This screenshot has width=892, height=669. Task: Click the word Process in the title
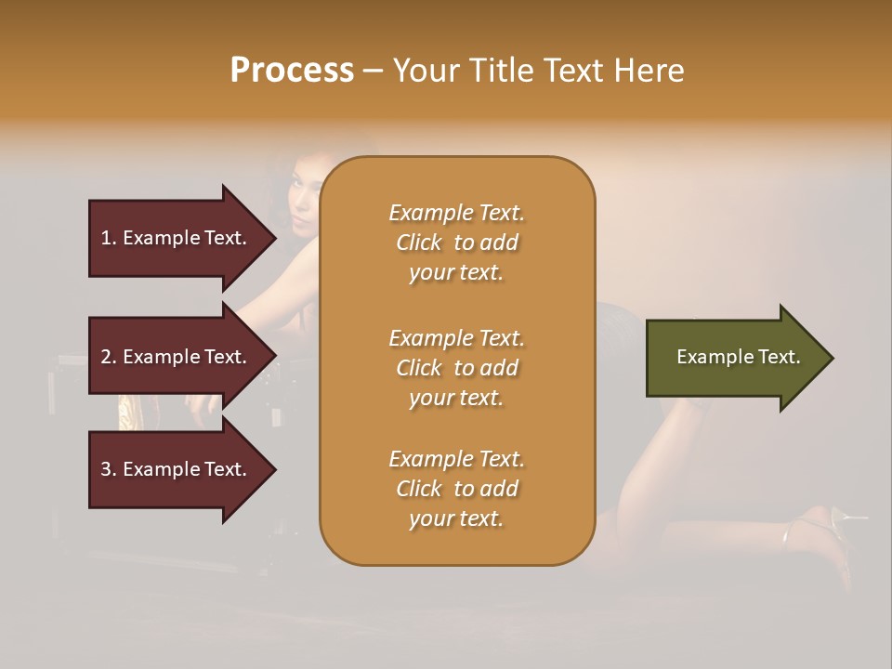pos(292,71)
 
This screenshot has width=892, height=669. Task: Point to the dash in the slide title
pos(373,72)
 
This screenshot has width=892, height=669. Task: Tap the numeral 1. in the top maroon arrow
pos(109,238)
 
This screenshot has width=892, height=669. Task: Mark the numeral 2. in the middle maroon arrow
pos(109,357)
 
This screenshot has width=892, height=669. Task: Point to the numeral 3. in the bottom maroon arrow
pos(109,469)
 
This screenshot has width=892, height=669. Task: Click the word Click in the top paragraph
pos(419,243)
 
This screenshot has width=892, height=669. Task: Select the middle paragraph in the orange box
pos(456,367)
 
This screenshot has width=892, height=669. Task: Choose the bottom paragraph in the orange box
pos(456,489)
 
